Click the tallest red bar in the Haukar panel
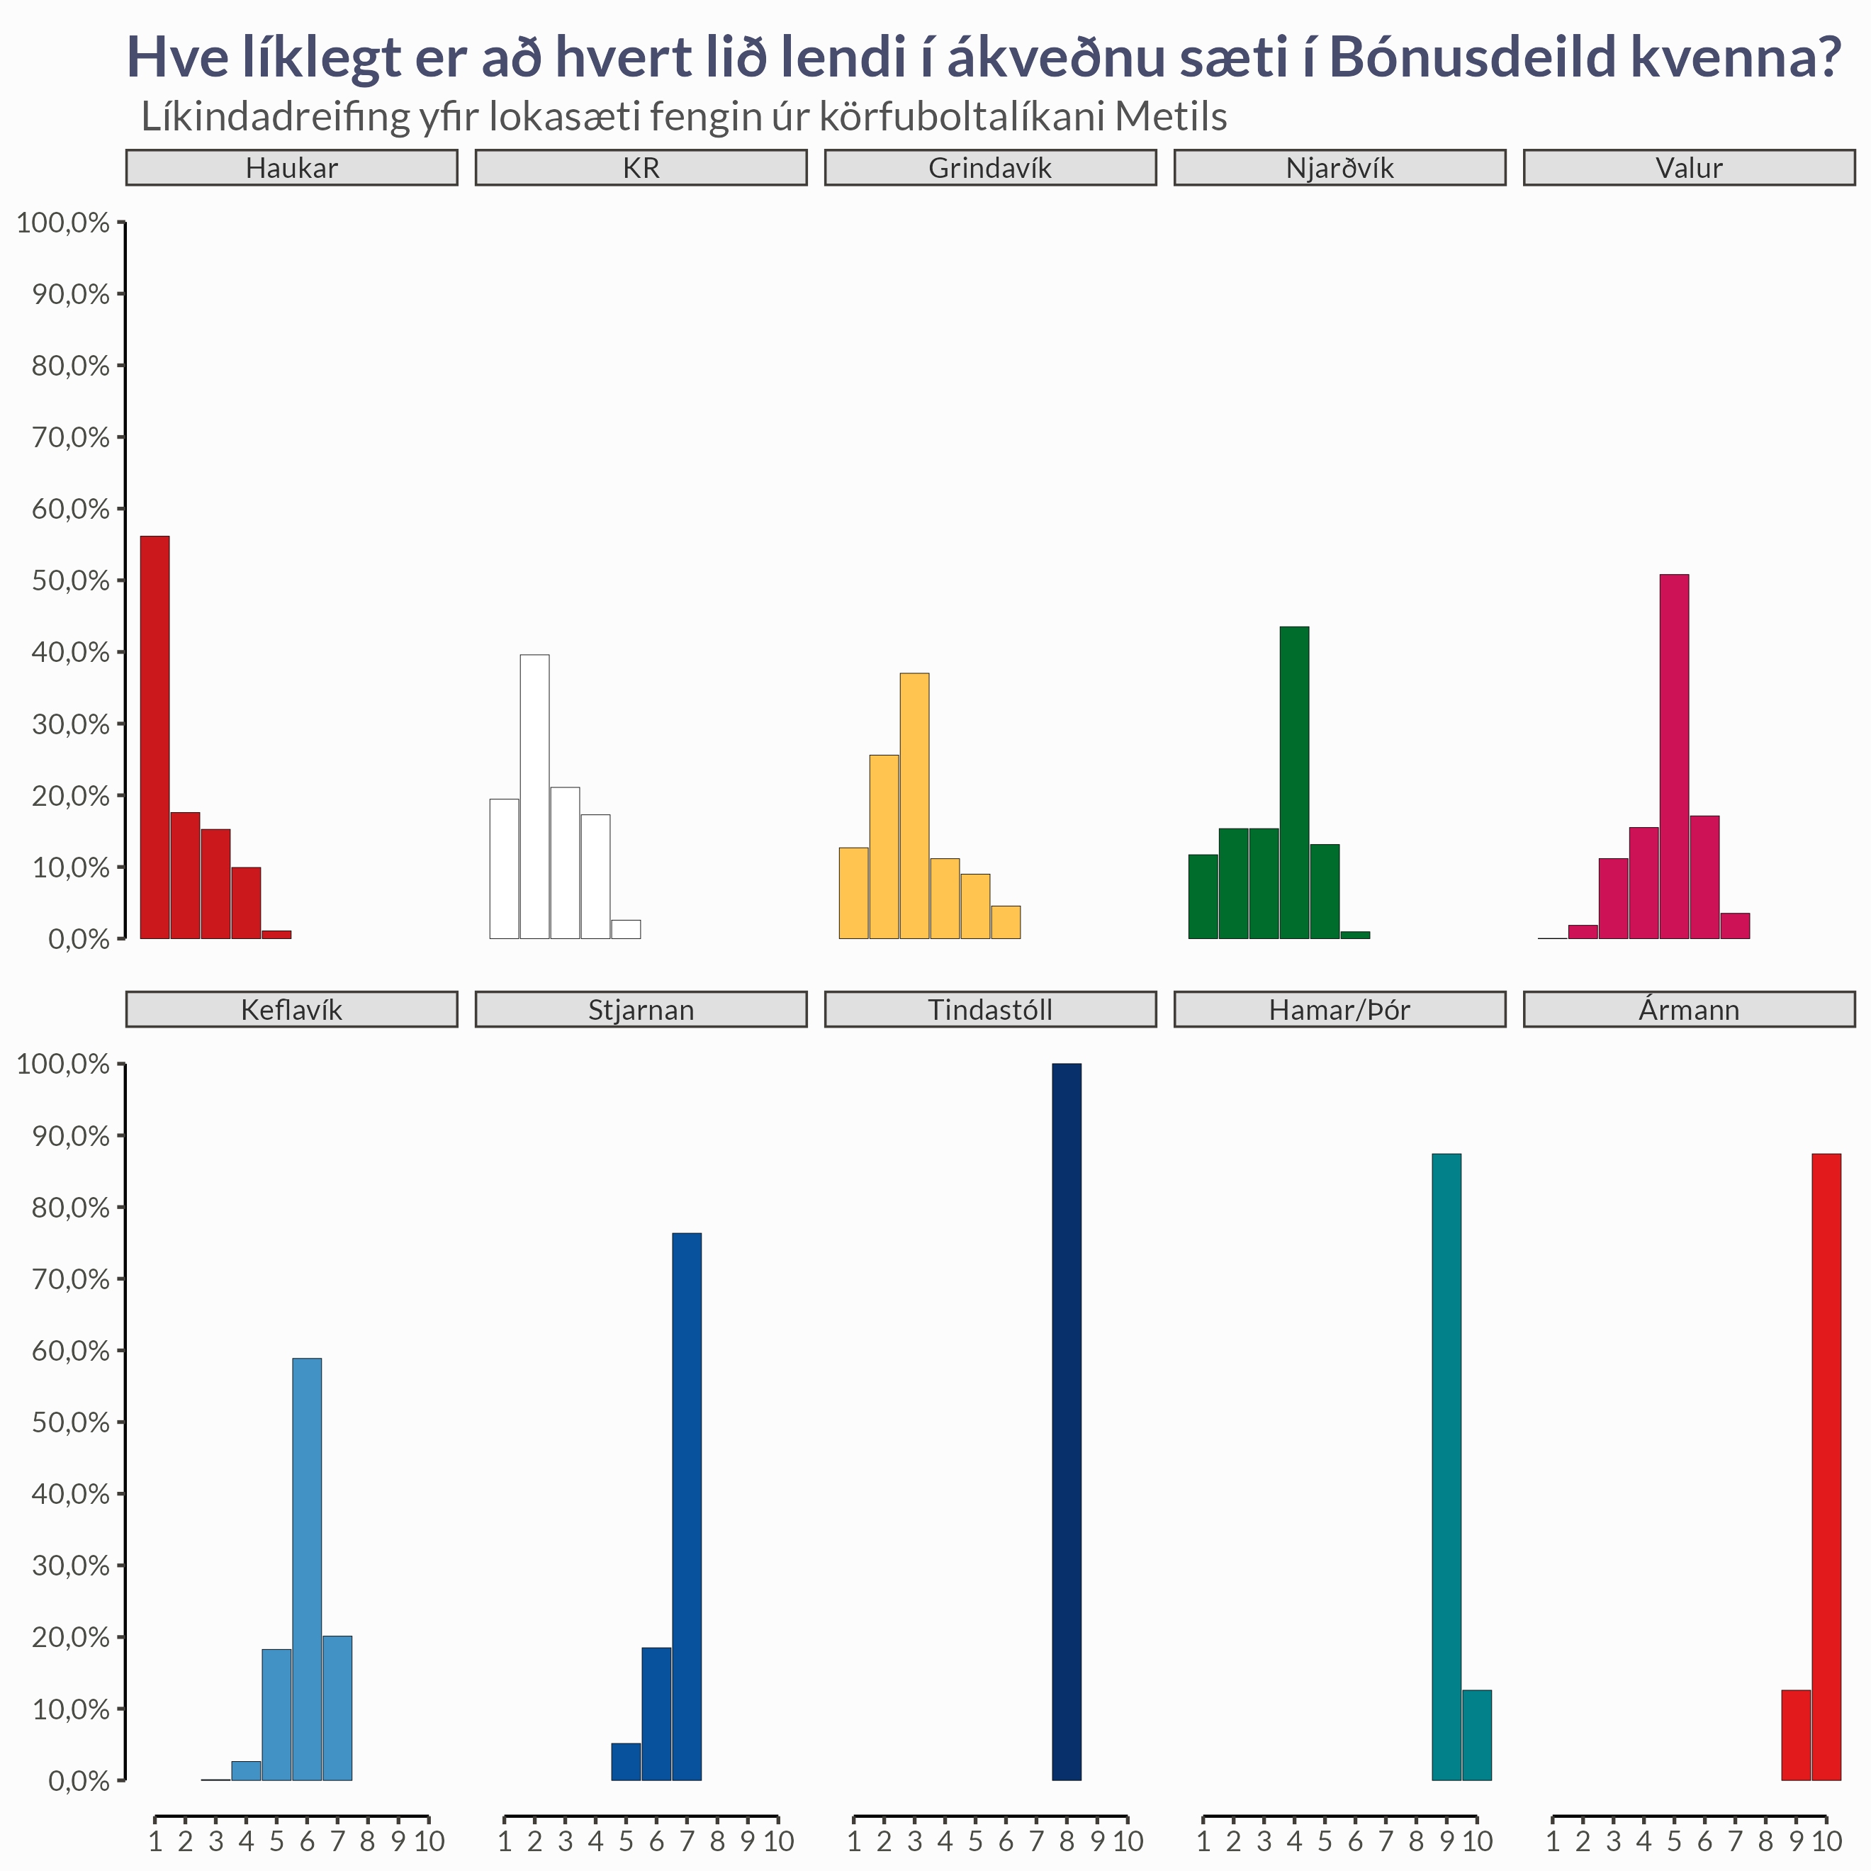tap(155, 736)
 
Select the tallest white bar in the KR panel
tap(534, 796)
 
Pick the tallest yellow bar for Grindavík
tap(914, 805)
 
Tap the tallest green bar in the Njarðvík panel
tap(1294, 782)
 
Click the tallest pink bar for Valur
tap(1673, 755)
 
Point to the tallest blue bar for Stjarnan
tap(687, 1506)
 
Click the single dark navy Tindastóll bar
tap(1066, 1421)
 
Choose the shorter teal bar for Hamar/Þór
tap(1477, 1734)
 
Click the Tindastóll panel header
tap(990, 1009)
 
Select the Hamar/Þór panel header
tap(1339, 1009)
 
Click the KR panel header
tap(641, 167)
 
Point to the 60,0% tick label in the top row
tap(69, 508)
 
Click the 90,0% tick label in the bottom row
tap(69, 1136)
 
